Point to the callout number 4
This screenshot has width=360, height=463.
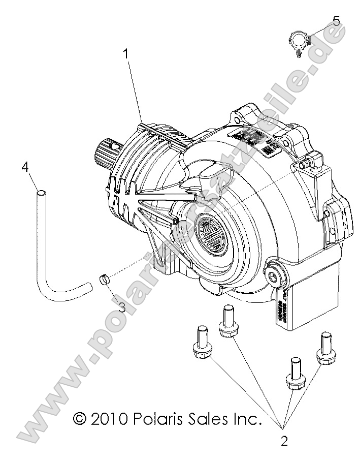(24, 167)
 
